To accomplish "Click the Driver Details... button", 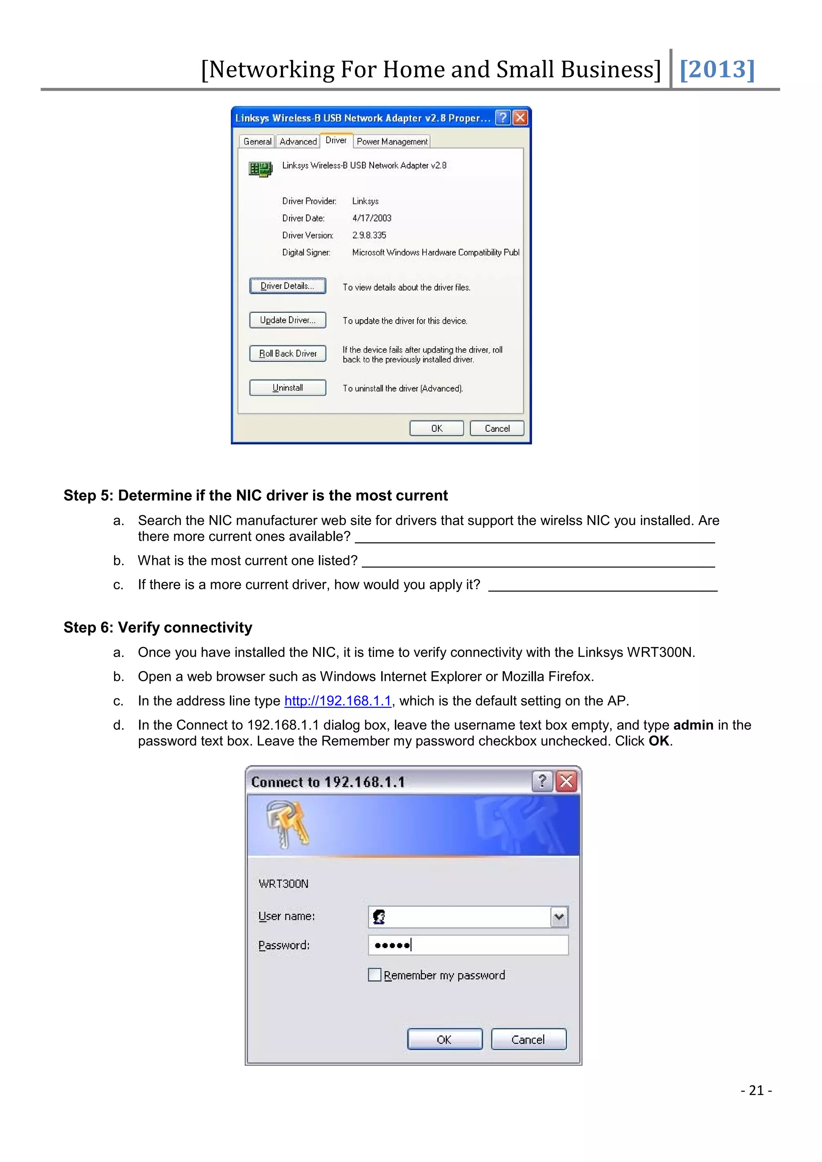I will tap(287, 286).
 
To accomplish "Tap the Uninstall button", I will tap(287, 388).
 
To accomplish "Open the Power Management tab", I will tap(392, 142).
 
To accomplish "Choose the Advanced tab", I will tap(298, 142).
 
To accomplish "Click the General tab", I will tap(257, 142).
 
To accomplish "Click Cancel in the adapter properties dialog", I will tap(496, 428).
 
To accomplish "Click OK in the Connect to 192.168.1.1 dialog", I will tap(444, 1040).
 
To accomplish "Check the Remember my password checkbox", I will tap(374, 975).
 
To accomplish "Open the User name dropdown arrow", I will tap(559, 916).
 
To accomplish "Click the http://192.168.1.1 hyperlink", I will tap(338, 701).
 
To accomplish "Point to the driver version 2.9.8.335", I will tap(369, 236).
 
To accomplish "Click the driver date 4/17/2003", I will tap(372, 218).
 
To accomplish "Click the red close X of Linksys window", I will tap(520, 118).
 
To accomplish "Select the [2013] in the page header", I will tap(717, 69).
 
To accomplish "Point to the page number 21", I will tap(756, 1090).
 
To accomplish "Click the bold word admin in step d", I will tap(693, 725).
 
